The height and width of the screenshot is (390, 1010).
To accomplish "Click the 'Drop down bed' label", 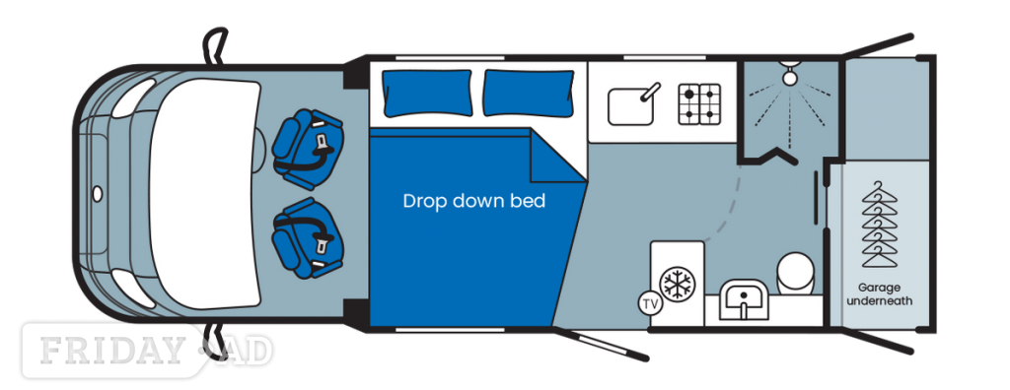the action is point(474,201).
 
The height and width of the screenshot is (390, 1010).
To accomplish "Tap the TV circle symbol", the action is point(651,303).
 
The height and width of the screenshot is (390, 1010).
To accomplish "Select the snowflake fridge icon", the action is point(677,284).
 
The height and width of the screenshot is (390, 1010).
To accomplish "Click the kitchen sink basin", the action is point(631,106).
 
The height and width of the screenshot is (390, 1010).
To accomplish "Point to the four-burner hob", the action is point(699,103).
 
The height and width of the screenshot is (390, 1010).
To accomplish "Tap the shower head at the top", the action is point(790,74).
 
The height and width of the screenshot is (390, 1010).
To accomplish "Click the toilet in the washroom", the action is point(796,273).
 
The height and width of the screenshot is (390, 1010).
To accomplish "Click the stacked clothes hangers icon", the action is point(879,225).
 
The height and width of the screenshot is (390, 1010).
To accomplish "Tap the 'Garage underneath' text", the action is point(879,294).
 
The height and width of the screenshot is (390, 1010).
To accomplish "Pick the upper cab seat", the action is point(308,150).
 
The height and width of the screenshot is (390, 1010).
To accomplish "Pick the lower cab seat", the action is point(308,237).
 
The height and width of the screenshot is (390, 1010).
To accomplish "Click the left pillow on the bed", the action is point(427,94).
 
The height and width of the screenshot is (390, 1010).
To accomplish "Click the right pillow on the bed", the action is point(529,94).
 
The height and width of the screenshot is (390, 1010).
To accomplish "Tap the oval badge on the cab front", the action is point(98,193).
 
